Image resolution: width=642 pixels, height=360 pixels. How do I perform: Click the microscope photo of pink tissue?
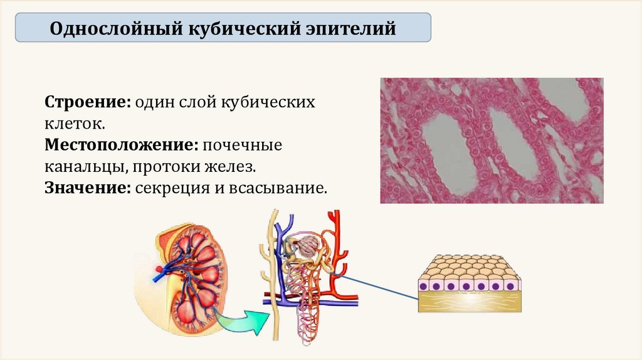click(x=492, y=140)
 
